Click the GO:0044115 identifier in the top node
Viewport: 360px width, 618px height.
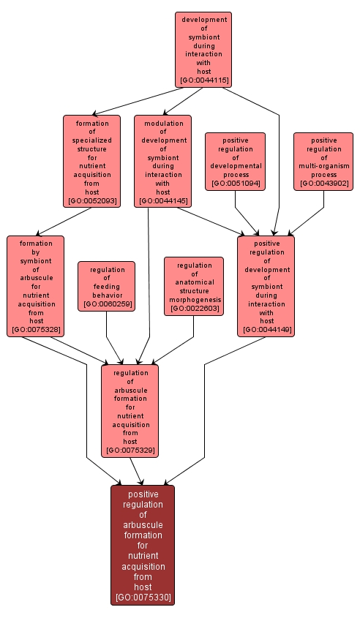pos(203,80)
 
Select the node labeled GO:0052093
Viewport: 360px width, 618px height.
pos(91,161)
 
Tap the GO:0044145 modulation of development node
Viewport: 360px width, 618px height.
pos(162,161)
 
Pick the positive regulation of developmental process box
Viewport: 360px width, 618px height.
pos(235,161)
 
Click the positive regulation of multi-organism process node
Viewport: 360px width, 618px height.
pos(323,161)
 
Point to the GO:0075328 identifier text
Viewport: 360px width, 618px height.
pos(36,331)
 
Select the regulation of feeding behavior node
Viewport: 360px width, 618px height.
pos(107,286)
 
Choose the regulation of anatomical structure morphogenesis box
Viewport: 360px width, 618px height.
pos(194,286)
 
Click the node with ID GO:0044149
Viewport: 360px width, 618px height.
pos(266,286)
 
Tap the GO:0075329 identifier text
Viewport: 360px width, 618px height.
pos(130,451)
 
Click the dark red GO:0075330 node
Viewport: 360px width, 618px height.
pos(143,545)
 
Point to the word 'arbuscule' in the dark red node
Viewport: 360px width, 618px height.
pos(143,525)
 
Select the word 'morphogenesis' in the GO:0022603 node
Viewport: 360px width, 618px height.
pos(194,300)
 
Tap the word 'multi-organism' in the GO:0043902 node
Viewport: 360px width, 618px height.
pos(323,166)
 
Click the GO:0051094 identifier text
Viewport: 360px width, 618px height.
pos(235,184)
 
